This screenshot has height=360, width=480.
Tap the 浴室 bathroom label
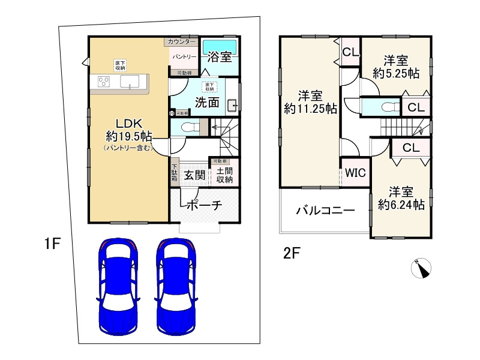[220, 58]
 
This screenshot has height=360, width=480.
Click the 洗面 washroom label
[206, 102]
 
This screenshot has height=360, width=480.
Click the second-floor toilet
[385, 107]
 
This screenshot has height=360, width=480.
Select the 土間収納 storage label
[225, 175]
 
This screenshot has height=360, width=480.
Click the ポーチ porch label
[204, 205]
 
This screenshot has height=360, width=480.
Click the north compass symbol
[422, 268]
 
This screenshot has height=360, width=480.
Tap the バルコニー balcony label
[325, 211]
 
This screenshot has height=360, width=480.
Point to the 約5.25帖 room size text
[395, 73]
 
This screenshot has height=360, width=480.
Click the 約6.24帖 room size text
[401, 205]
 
